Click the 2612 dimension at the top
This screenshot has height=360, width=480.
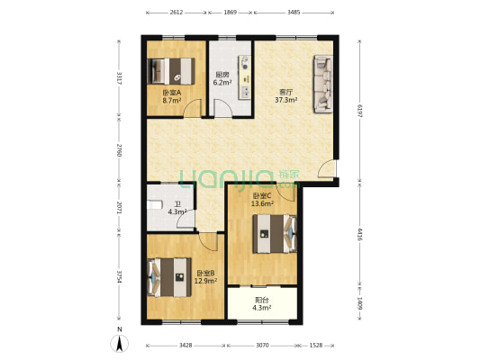[x=176, y=13]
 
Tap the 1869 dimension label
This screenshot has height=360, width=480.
[x=231, y=13]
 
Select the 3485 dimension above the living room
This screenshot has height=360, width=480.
[x=294, y=13]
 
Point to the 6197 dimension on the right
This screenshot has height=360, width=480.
[x=359, y=112]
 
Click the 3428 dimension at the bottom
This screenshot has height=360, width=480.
[x=186, y=346]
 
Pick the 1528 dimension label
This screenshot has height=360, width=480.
[x=316, y=346]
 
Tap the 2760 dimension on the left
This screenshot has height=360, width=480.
[x=120, y=150]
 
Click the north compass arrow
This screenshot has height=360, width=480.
[x=120, y=343]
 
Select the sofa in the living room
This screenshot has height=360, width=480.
[x=322, y=84]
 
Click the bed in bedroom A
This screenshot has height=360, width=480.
[x=171, y=71]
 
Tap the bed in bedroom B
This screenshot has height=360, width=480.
[x=169, y=277]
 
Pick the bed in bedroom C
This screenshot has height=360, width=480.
[x=275, y=234]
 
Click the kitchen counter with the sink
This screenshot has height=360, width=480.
[x=245, y=77]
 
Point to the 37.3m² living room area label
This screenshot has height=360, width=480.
[x=286, y=100]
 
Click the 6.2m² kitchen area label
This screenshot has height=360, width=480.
[x=222, y=82]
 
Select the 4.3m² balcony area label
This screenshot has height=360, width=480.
[x=262, y=308]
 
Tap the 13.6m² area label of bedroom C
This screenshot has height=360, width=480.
[x=262, y=203]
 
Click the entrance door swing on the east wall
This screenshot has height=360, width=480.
[x=327, y=169]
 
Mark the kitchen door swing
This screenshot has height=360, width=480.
[x=222, y=108]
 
